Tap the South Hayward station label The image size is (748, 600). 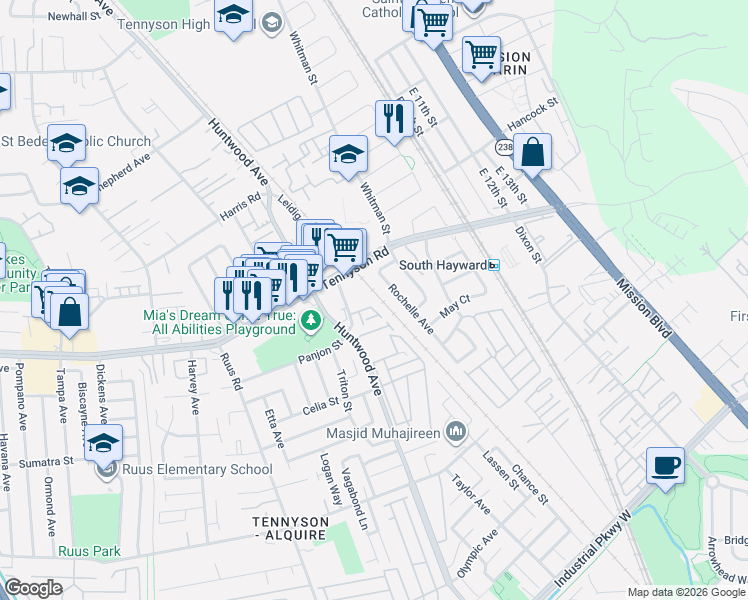pos(443,266)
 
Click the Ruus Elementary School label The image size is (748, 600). pos(196,469)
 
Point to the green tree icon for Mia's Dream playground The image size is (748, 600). pos(312,321)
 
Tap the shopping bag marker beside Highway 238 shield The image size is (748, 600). pos(534,154)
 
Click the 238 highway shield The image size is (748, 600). pos(501,147)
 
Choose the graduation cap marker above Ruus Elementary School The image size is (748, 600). pos(103,443)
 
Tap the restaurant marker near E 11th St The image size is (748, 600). pos(390,119)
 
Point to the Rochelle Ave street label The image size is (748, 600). pos(411,310)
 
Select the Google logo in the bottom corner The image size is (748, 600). pos(33,588)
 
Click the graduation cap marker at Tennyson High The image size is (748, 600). pos(233,17)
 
